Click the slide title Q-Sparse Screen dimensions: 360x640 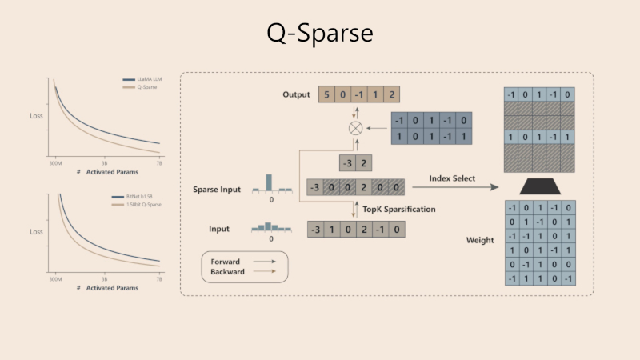click(319, 34)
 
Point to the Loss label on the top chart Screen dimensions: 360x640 click(36, 116)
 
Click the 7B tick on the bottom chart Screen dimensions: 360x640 click(158, 279)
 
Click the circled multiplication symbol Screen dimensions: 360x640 click(355, 128)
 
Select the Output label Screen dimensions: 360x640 click(296, 94)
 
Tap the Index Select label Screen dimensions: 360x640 click(453, 178)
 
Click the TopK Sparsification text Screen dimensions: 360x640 click(400, 209)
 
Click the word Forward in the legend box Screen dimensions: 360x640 click(225, 262)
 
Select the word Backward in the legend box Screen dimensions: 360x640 click(227, 272)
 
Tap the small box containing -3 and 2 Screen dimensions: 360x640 click(355, 163)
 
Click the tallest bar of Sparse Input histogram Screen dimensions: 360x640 click(270, 181)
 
